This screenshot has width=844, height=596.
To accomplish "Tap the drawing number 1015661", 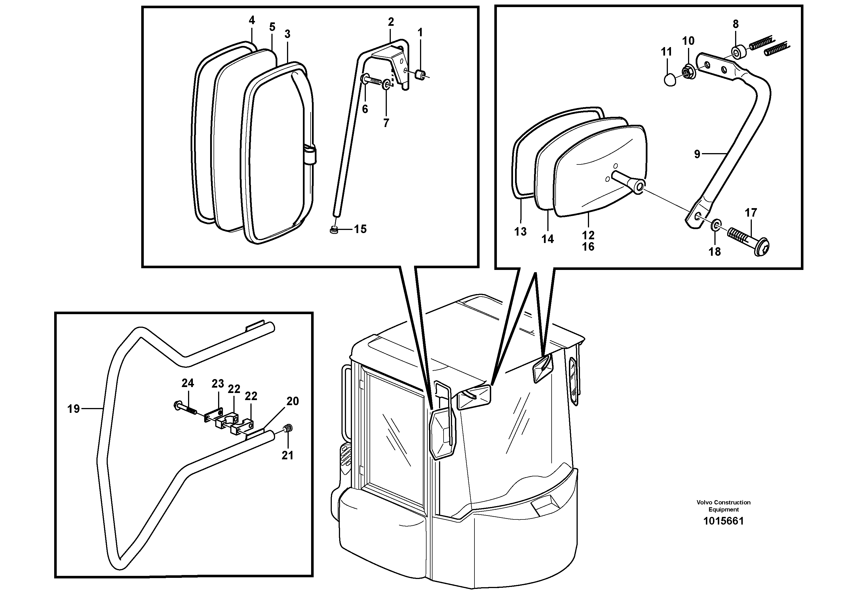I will coord(723,521).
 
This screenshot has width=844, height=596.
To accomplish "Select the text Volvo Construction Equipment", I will coord(723,506).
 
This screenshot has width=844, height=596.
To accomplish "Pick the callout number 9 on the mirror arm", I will coord(697,154).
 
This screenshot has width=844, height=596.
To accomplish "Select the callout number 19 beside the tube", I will coord(73,409).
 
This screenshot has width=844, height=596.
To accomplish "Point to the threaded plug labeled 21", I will coord(288,428).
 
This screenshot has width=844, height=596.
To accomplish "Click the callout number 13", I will coord(520,231).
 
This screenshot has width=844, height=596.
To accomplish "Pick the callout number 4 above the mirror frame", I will coord(252,20).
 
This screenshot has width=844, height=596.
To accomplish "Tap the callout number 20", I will coord(293,401).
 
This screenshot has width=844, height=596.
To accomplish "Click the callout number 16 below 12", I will coord(588,247).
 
